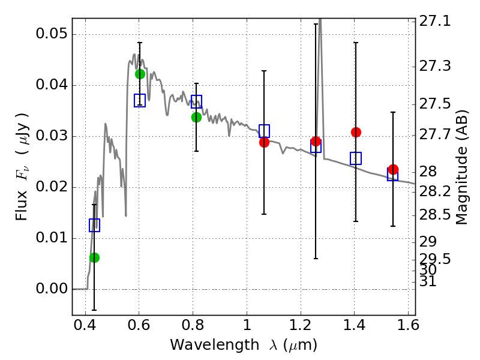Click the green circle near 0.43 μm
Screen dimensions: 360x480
point(94,257)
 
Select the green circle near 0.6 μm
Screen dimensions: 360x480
point(140,74)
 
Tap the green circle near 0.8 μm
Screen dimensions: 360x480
point(196,117)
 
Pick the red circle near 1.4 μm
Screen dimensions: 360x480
point(356,132)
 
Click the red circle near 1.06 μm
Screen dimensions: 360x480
point(264,142)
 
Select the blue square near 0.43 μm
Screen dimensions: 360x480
point(94,225)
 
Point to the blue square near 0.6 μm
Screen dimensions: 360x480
point(140,100)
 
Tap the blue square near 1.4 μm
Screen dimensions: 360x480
point(356,158)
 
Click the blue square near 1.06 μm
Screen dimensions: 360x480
point(264,131)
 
